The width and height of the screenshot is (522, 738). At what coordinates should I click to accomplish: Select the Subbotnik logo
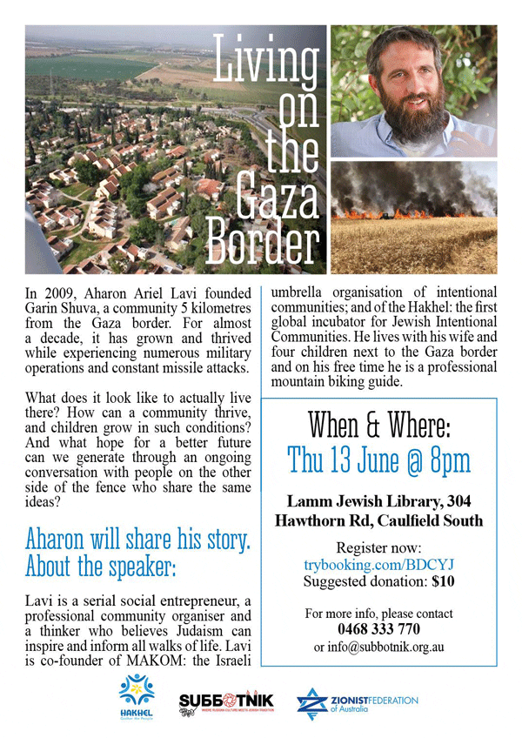click(x=227, y=703)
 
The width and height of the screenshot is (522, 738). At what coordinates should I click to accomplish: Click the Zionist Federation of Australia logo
click(x=357, y=703)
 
